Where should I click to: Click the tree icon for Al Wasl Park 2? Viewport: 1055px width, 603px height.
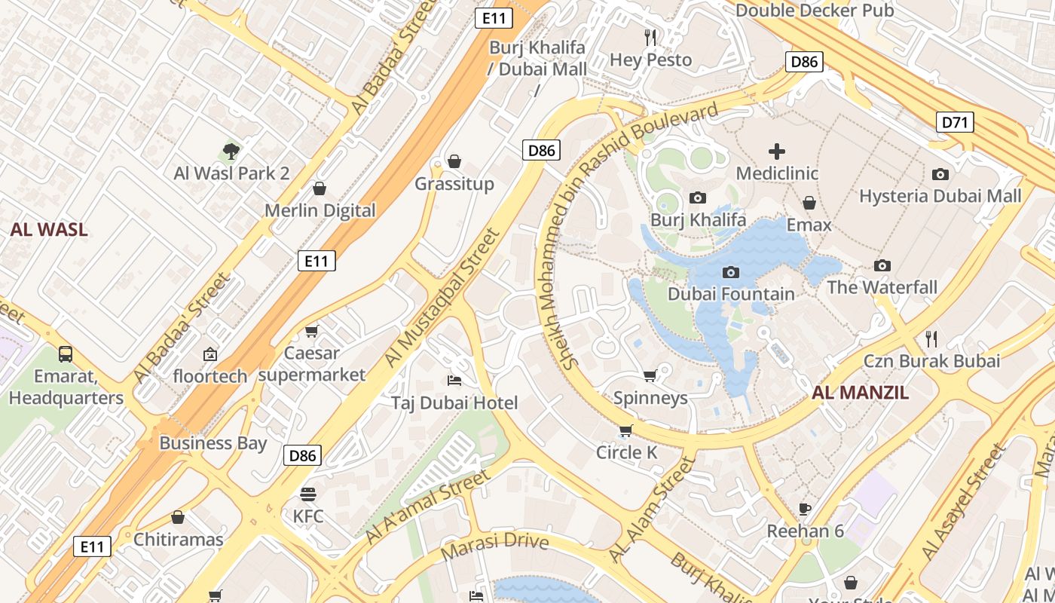click(x=231, y=152)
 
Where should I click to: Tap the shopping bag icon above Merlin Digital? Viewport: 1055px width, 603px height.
click(x=319, y=188)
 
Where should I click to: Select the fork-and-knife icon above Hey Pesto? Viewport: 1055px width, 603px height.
click(x=650, y=37)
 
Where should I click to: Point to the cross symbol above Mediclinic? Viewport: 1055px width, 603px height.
click(x=776, y=152)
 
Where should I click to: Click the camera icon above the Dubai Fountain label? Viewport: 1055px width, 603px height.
click(x=730, y=272)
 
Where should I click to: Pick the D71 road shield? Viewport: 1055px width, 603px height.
click(x=955, y=122)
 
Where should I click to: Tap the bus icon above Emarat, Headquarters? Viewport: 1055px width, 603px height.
click(x=66, y=354)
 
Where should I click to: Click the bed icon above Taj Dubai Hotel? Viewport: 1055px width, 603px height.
click(x=454, y=380)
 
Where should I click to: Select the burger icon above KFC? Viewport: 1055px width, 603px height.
click(x=307, y=494)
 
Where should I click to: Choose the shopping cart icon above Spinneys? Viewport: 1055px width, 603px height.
click(x=650, y=375)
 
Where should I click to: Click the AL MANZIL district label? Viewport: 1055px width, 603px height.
click(x=860, y=392)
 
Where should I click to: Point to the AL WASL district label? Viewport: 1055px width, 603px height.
click(x=49, y=230)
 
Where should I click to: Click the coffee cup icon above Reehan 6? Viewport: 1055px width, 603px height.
click(x=805, y=509)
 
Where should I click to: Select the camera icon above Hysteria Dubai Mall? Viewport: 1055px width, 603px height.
click(x=940, y=174)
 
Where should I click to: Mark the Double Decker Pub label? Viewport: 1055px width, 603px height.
click(x=815, y=11)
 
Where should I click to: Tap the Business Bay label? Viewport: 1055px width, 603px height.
click(x=213, y=442)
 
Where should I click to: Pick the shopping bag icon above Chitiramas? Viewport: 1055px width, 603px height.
click(x=178, y=517)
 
